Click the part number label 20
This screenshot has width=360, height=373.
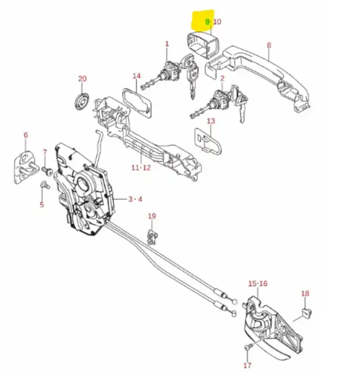(x=82, y=79)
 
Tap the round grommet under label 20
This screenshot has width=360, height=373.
(x=82, y=100)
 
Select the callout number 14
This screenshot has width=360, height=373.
(x=137, y=76)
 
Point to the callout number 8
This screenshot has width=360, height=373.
(x=269, y=45)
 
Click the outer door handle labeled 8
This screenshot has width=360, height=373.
(x=262, y=73)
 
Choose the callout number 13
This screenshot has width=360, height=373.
(x=211, y=121)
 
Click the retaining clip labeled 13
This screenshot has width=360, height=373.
(x=207, y=140)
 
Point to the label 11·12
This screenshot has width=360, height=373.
(x=141, y=168)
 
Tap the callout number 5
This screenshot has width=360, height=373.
(x=42, y=205)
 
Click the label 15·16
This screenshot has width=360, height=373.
(x=257, y=284)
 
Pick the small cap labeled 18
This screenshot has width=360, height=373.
(x=305, y=313)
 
